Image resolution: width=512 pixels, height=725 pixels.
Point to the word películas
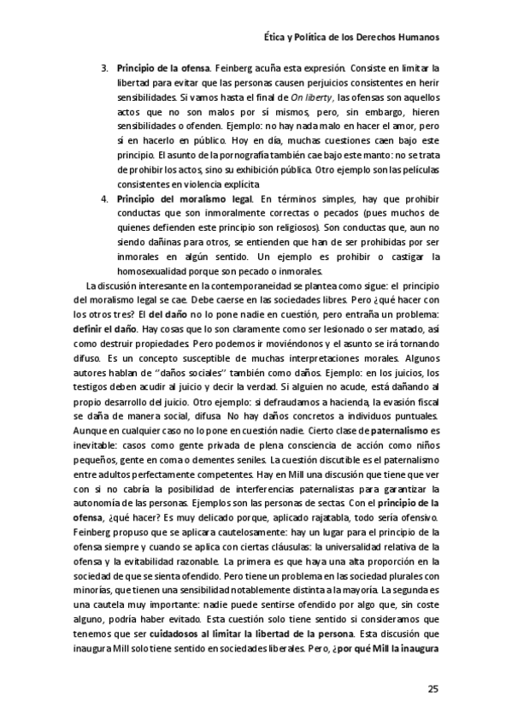point(414,172)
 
